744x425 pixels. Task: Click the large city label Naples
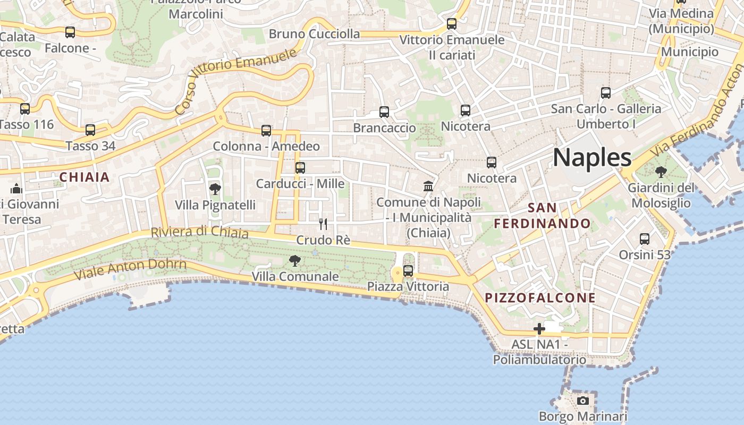[x=592, y=158]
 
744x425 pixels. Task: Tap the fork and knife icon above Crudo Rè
[x=323, y=224]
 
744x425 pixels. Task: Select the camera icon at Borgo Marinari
[x=583, y=401]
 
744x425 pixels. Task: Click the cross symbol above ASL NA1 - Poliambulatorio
[x=539, y=329]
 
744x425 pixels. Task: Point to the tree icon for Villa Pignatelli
[x=215, y=189]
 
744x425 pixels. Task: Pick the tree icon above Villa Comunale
[x=294, y=261]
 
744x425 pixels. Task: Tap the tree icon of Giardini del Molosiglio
[x=661, y=172]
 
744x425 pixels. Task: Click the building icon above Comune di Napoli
[x=428, y=186]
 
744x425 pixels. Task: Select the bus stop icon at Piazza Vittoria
[x=408, y=271]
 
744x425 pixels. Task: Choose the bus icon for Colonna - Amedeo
[x=266, y=131]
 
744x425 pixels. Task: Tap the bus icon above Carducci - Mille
[x=300, y=168]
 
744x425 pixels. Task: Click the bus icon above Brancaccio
[x=384, y=112]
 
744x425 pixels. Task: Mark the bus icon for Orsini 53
[x=645, y=239]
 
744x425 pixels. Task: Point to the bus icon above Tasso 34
[x=90, y=130]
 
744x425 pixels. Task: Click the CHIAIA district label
[x=84, y=177]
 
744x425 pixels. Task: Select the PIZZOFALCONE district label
[x=541, y=298]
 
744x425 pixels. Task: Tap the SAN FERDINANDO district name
[x=542, y=216]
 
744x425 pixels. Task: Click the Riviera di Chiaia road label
[x=199, y=232]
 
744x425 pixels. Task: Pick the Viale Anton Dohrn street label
[x=130, y=269]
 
